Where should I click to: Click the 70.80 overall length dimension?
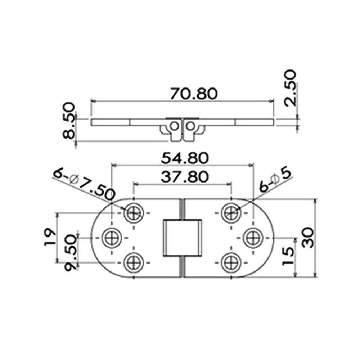point(194,94)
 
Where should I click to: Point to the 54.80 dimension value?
point(185,158)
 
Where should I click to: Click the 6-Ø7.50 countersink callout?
point(84,184)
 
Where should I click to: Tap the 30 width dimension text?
point(308,238)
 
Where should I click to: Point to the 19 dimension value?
point(50,237)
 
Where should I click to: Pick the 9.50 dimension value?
point(70,252)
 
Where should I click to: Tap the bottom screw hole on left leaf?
point(134,262)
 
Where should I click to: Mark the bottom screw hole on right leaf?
point(231,262)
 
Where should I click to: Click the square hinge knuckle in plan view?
point(182,238)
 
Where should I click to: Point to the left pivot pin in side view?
point(174,126)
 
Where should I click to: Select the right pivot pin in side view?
point(190,126)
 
